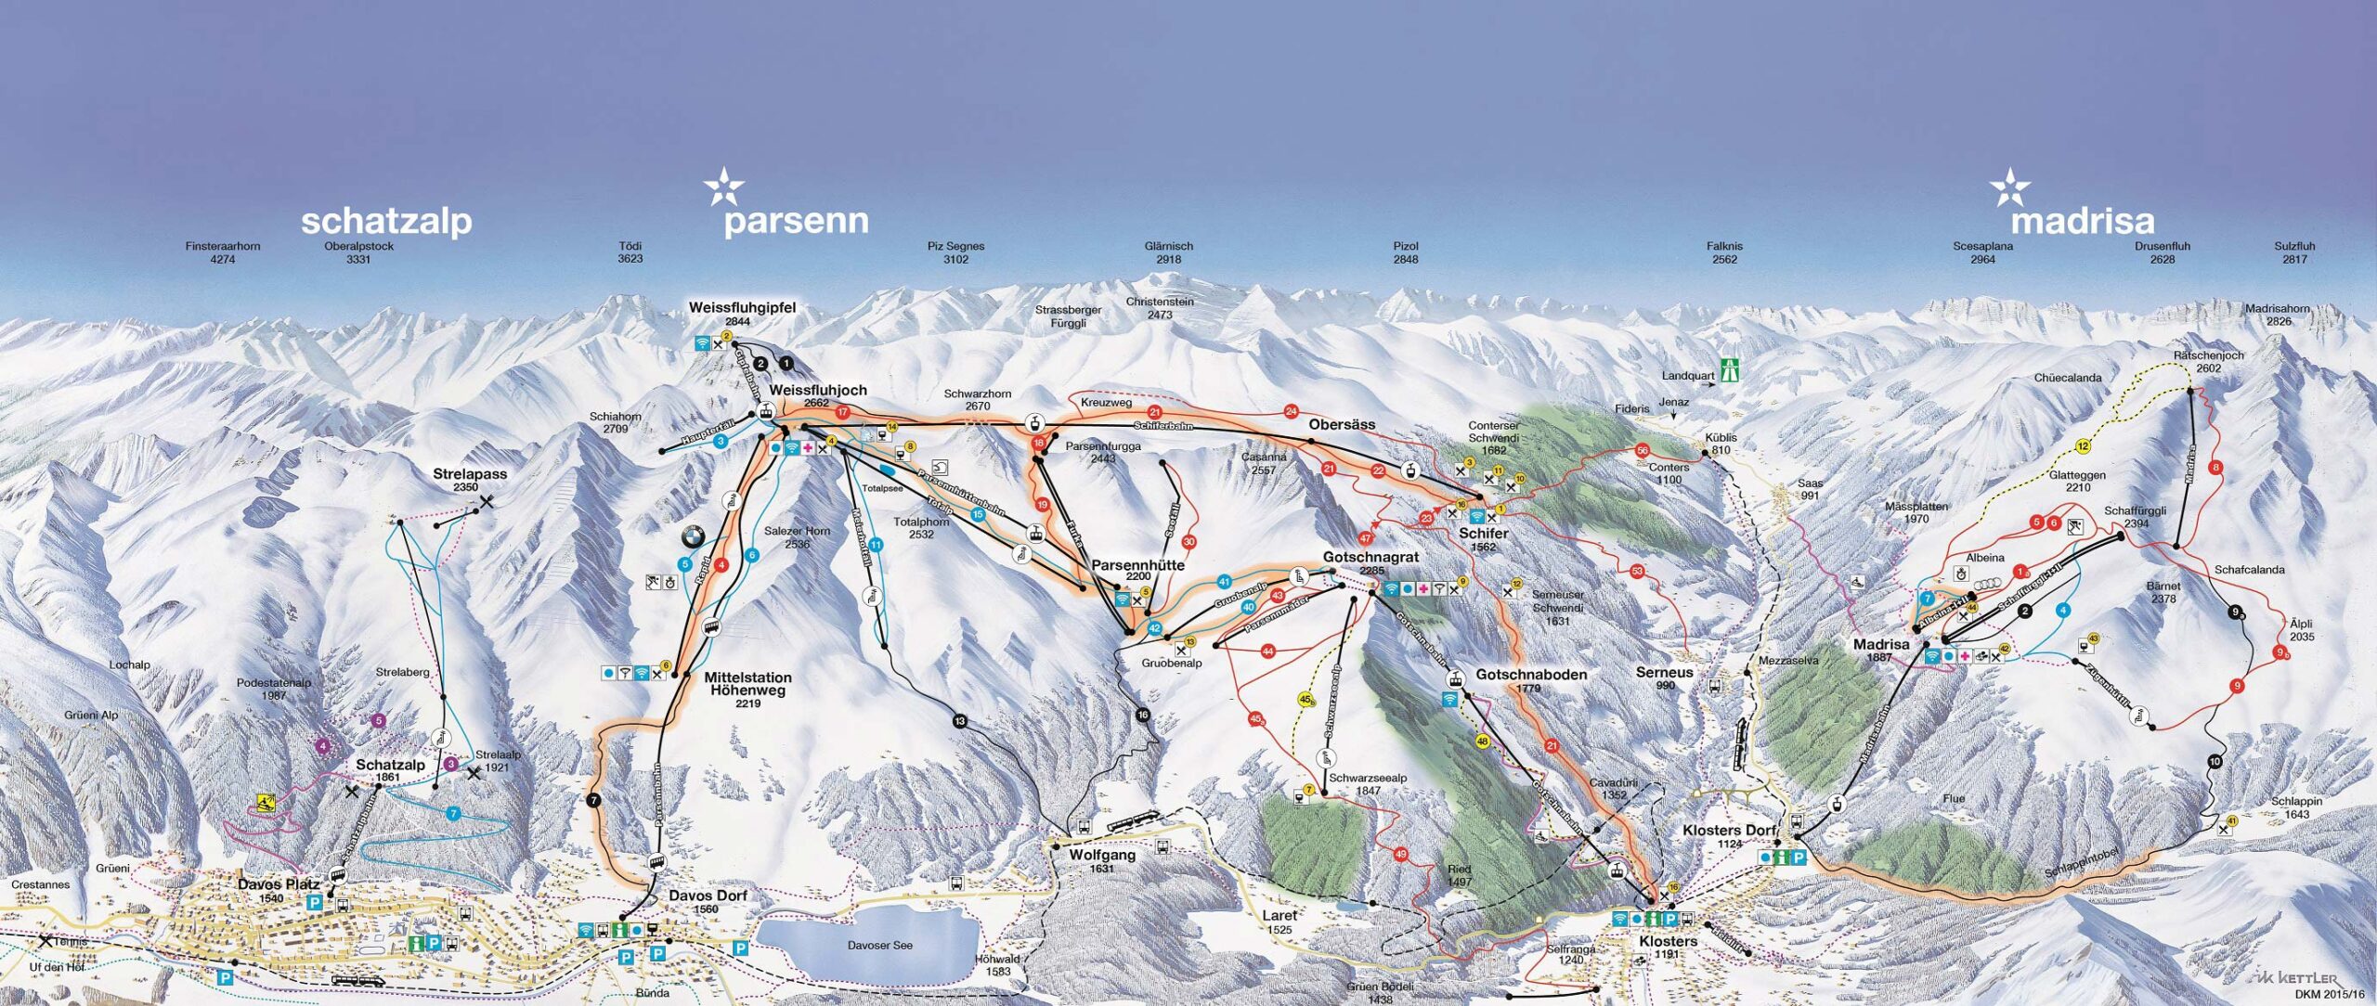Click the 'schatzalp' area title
pyautogui.click(x=386, y=222)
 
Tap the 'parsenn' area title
pyautogui.click(x=796, y=221)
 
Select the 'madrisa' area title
pyautogui.click(x=2082, y=221)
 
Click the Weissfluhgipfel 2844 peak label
pyautogui.click(x=742, y=313)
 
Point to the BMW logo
pyautogui.click(x=693, y=536)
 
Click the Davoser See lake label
pyautogui.click(x=879, y=945)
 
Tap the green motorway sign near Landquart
pyautogui.click(x=1729, y=369)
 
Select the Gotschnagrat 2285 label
pyautogui.click(x=1370, y=563)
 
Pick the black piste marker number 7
pyautogui.click(x=594, y=800)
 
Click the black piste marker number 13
pyautogui.click(x=959, y=720)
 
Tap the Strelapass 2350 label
pyautogui.click(x=470, y=479)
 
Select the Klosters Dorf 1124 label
pyautogui.click(x=1729, y=835)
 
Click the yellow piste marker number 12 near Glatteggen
pyautogui.click(x=2083, y=446)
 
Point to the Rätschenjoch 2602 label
pyautogui.click(x=2208, y=361)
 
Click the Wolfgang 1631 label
pyautogui.click(x=1101, y=860)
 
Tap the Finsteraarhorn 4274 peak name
pyautogui.click(x=223, y=252)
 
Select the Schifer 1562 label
pyautogui.click(x=1483, y=539)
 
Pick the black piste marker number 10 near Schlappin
pyautogui.click(x=2215, y=762)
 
